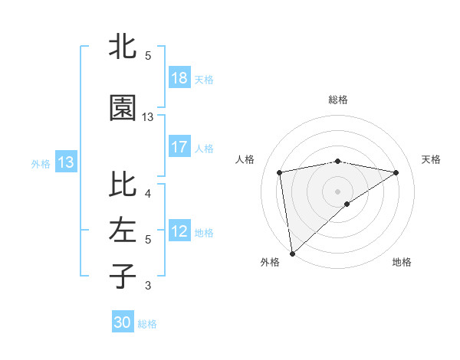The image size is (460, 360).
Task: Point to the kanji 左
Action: (x=123, y=229)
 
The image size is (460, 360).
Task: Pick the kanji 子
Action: (x=123, y=277)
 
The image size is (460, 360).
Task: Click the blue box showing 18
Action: (x=179, y=78)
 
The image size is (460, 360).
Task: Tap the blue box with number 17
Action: (x=179, y=147)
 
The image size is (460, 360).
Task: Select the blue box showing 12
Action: (x=179, y=231)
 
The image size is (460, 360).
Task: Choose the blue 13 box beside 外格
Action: (x=65, y=162)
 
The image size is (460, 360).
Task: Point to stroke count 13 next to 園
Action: (x=148, y=117)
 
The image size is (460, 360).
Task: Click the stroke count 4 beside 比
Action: (x=147, y=193)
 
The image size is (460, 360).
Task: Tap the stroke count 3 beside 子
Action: (x=147, y=286)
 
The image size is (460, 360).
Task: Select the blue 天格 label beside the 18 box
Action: (x=203, y=79)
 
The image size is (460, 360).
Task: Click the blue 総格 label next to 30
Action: (x=147, y=323)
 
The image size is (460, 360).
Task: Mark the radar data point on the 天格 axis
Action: (x=396, y=172)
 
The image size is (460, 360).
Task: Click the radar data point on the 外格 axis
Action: (x=291, y=253)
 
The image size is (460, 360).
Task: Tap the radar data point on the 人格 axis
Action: (x=280, y=172)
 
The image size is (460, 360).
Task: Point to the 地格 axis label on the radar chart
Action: (x=402, y=262)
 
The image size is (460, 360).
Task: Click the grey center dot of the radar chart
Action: (x=337, y=191)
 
